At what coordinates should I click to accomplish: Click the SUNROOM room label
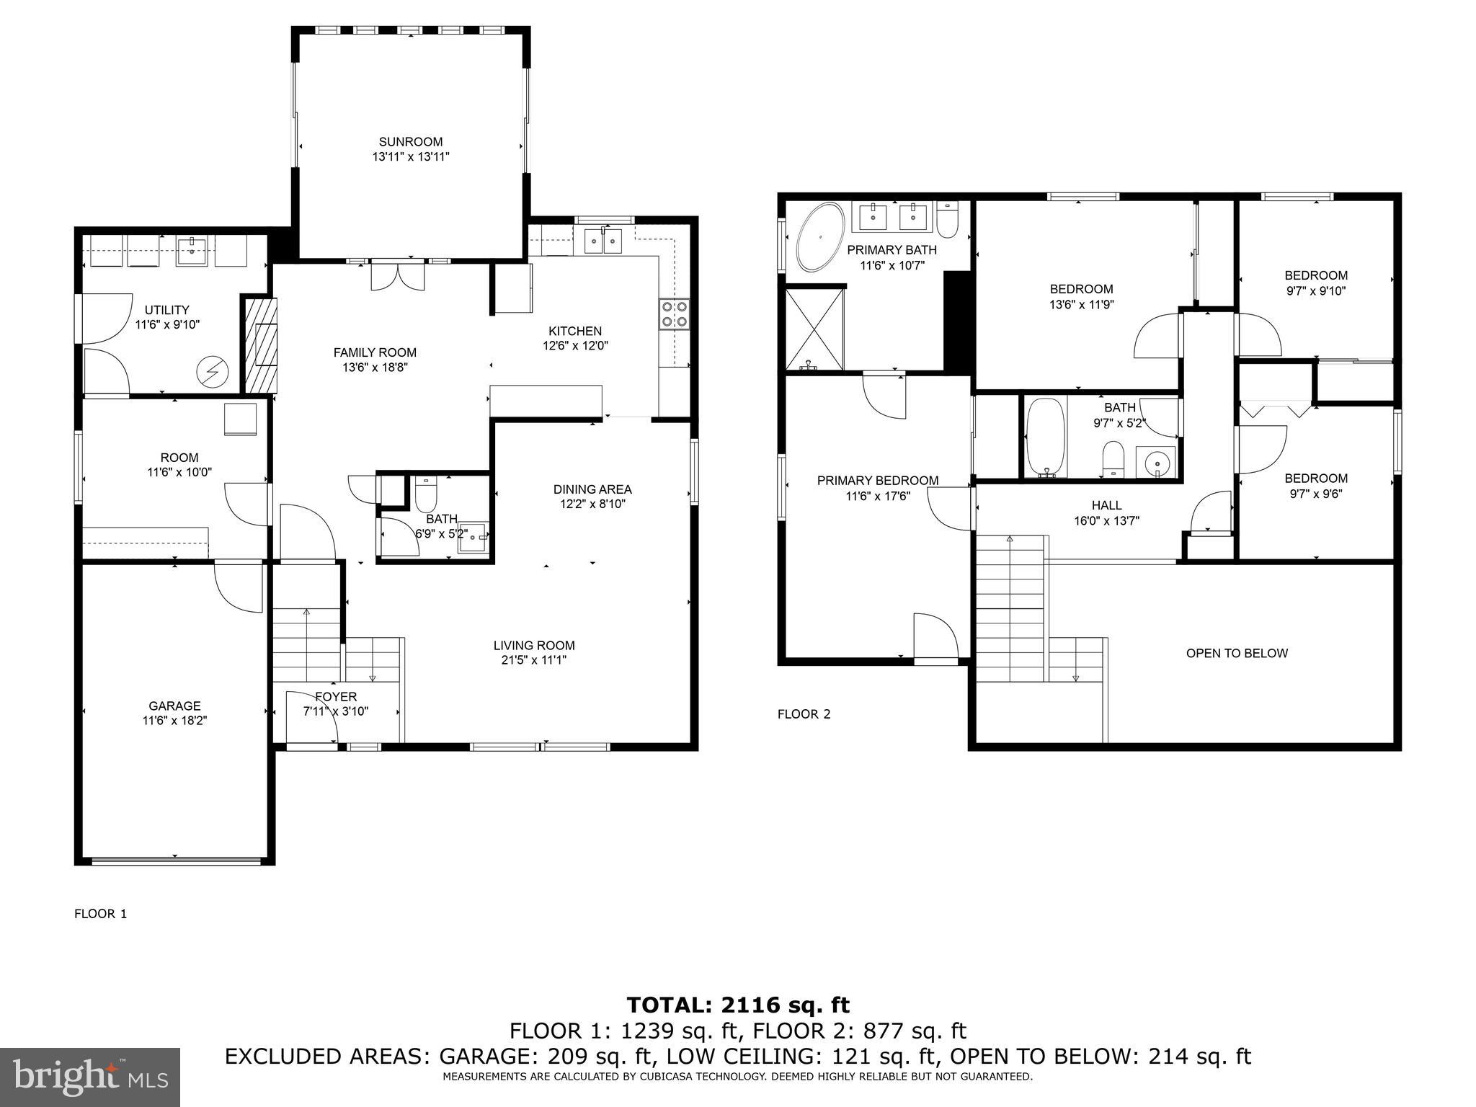click(x=411, y=142)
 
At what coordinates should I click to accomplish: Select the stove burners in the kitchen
click(x=674, y=314)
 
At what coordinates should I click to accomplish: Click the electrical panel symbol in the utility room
click(x=213, y=372)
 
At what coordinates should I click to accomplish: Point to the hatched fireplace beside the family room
click(x=261, y=345)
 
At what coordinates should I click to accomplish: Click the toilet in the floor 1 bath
click(x=427, y=493)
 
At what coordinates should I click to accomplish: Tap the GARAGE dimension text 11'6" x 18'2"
click(x=174, y=720)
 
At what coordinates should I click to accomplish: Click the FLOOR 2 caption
click(x=804, y=714)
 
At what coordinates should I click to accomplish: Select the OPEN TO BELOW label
click(x=1237, y=654)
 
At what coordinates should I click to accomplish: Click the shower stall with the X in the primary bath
click(x=814, y=328)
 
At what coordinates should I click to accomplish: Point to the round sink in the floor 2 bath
click(x=1156, y=462)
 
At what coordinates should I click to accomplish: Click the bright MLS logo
click(x=90, y=1077)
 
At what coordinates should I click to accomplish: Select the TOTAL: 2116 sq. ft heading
click(x=738, y=1005)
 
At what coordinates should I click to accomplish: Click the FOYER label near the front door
click(x=336, y=697)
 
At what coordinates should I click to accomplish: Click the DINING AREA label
click(x=592, y=489)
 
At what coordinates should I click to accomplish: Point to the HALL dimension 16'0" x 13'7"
click(x=1106, y=521)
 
